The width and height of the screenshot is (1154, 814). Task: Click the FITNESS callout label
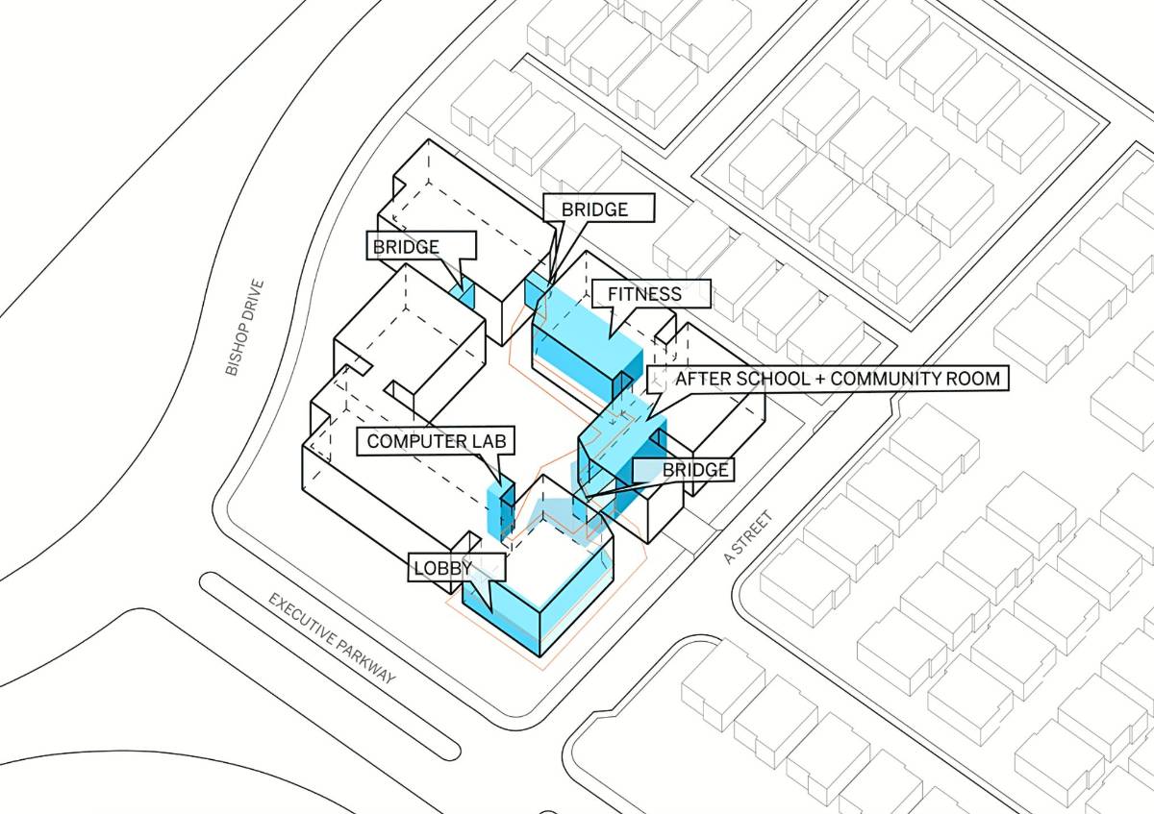click(x=644, y=294)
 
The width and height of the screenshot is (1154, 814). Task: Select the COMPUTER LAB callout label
click(x=437, y=441)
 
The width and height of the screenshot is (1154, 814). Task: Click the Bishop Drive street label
click(x=244, y=328)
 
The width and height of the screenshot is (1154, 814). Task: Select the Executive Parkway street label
click(x=333, y=638)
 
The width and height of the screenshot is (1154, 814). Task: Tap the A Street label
click(x=748, y=537)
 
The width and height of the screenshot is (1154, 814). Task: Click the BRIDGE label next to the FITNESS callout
click(x=594, y=210)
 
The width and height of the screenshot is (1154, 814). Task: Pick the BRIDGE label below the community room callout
click(x=695, y=470)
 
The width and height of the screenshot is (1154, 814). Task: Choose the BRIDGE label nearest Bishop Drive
click(x=406, y=247)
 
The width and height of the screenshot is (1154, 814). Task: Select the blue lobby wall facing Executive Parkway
click(x=501, y=619)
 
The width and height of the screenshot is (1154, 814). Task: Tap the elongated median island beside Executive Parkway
click(x=330, y=665)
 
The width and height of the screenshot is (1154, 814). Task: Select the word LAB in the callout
click(x=489, y=441)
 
